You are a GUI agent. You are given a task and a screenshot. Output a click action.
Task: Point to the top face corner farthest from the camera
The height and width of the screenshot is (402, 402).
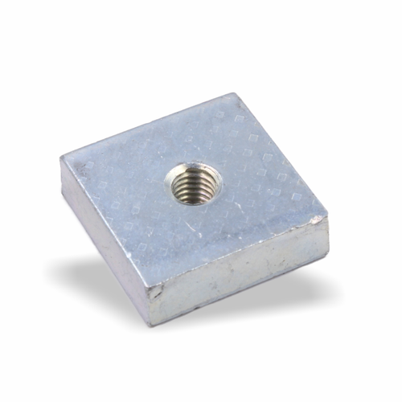(235, 95)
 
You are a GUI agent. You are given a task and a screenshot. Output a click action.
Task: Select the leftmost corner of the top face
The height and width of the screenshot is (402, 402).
(61, 158)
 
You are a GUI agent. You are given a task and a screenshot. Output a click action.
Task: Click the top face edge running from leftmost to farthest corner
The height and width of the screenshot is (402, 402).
(149, 126)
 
